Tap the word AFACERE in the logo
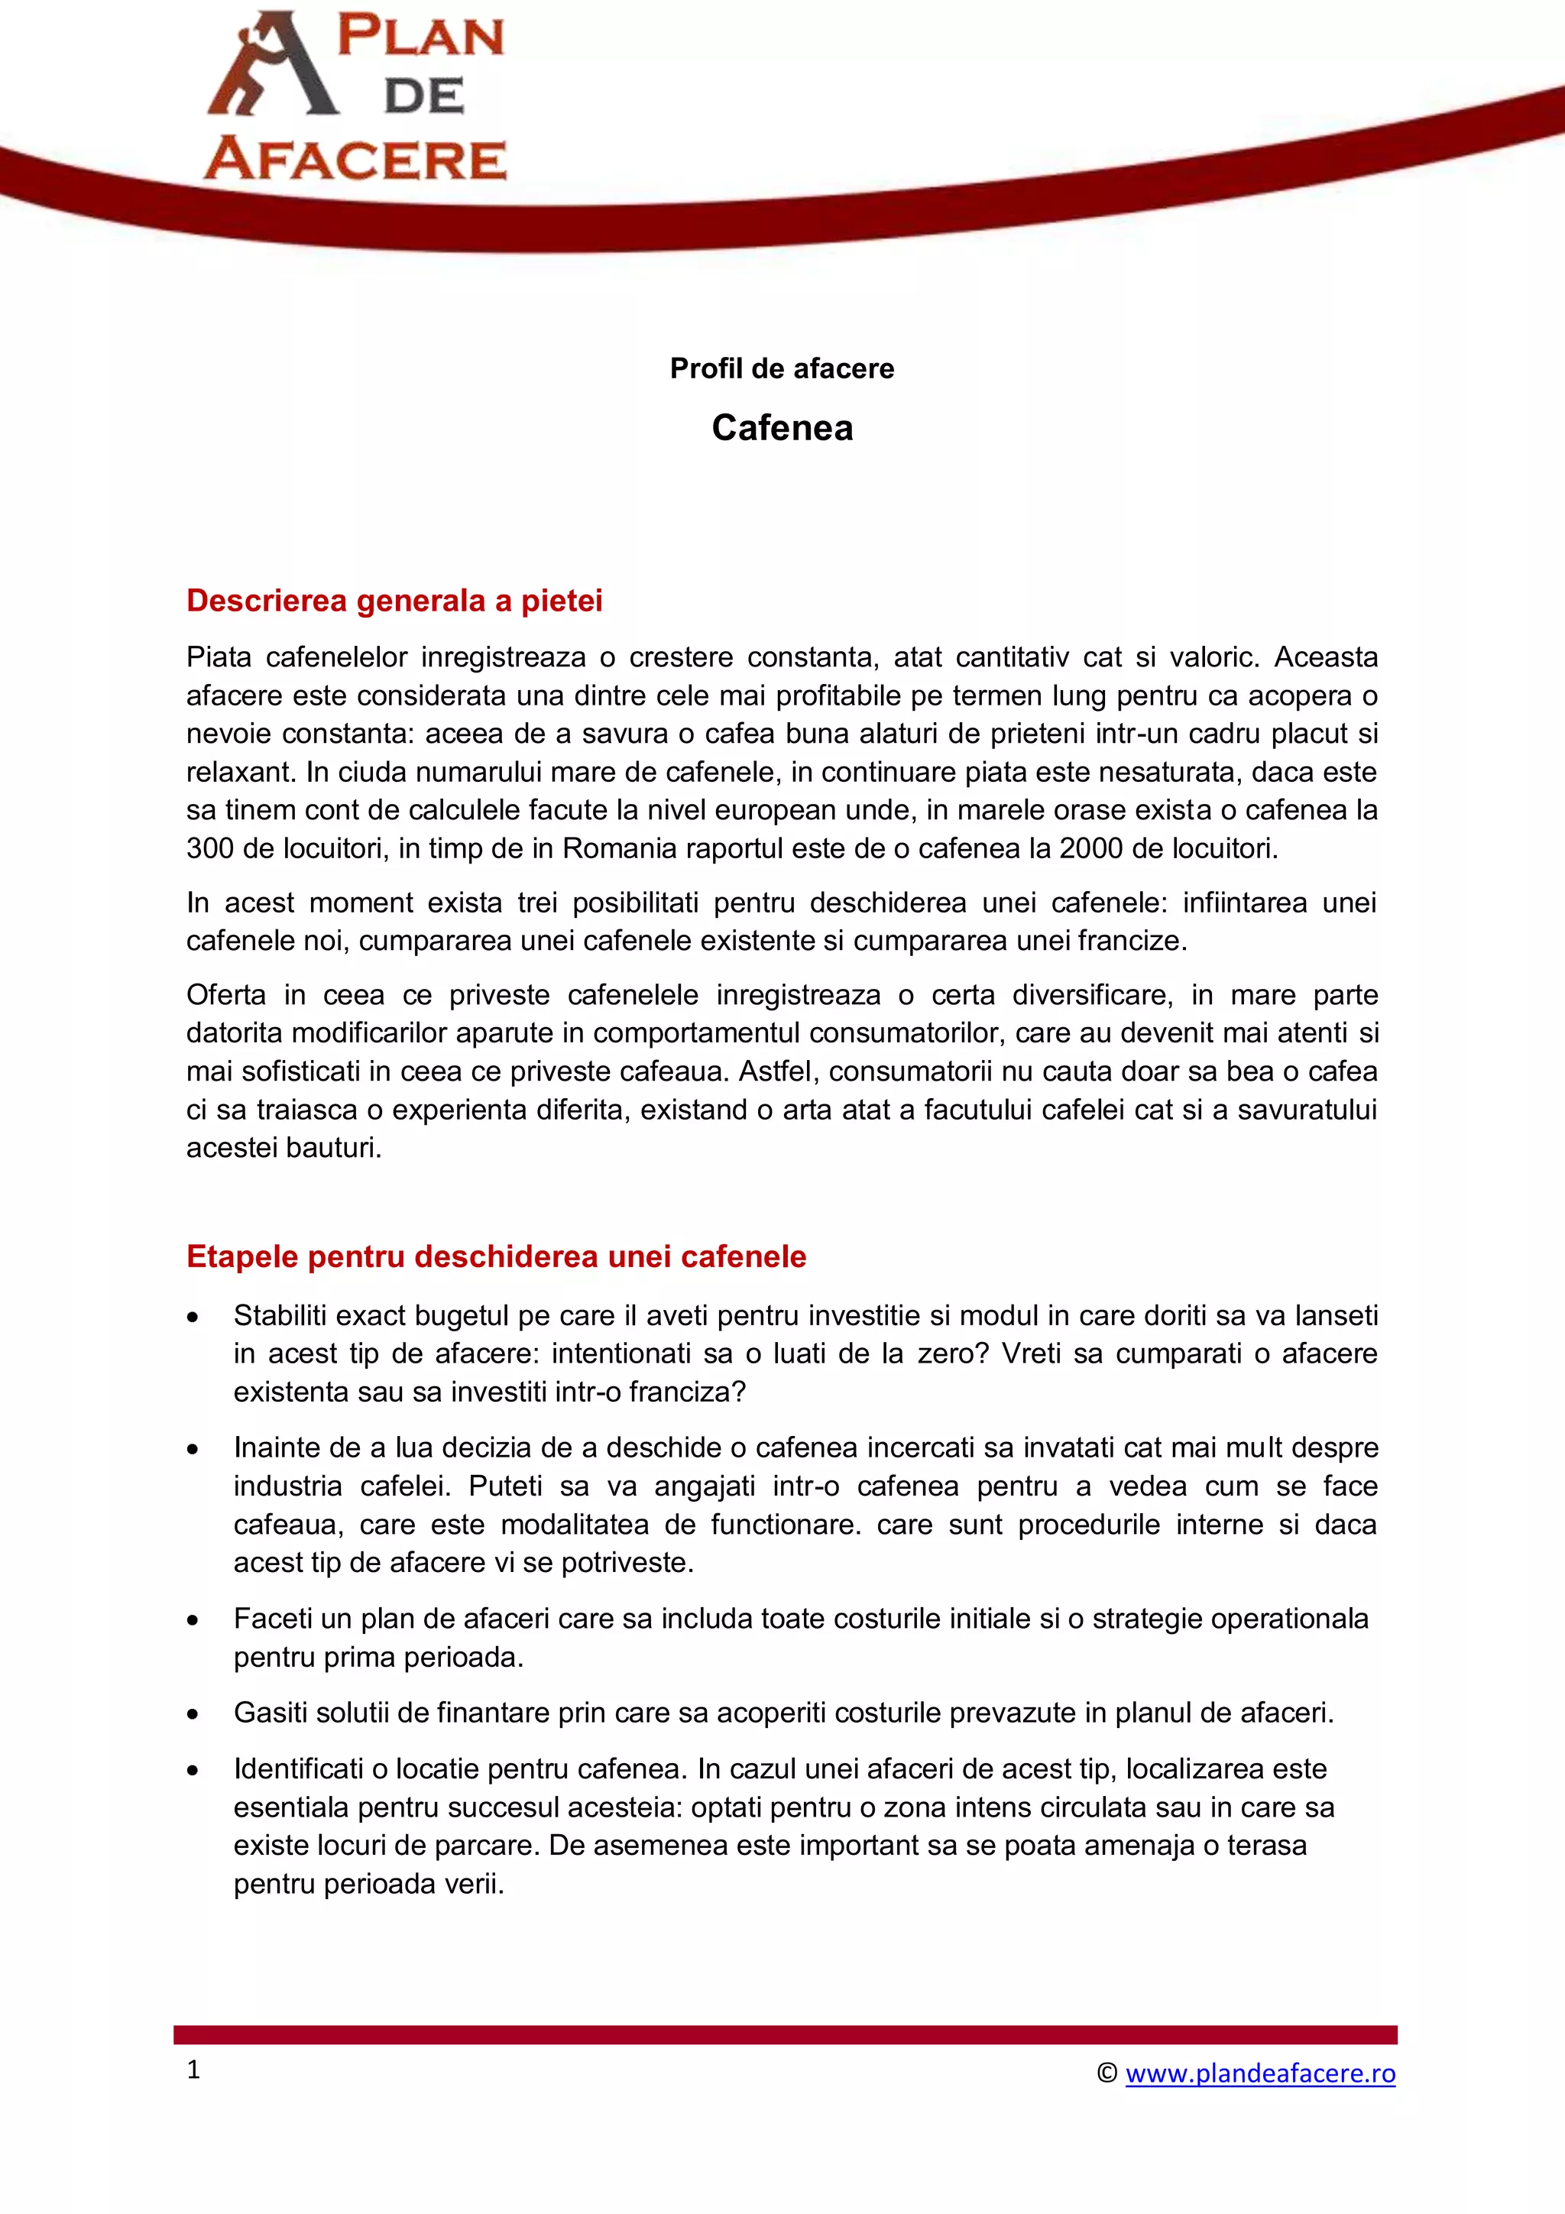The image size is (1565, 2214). pos(355,159)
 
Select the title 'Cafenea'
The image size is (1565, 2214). pos(782,428)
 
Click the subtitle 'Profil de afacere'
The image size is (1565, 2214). pos(782,368)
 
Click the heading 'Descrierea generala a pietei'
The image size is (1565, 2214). pos(394,601)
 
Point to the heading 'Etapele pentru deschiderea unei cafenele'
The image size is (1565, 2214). pos(496,1256)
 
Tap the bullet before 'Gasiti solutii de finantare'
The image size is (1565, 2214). pos(193,1714)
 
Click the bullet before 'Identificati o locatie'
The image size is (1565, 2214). pos(193,1771)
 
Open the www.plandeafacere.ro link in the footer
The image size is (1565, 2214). pos(1259,2073)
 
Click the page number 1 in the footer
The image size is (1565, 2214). pos(194,2070)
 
